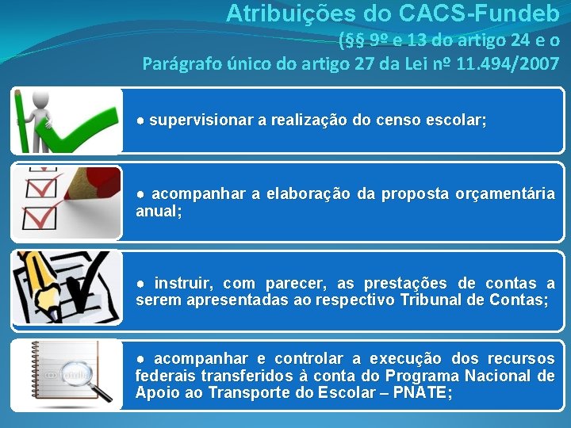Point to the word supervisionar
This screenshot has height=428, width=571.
(x=201, y=120)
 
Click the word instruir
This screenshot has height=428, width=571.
(x=185, y=284)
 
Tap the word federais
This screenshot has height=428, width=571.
(x=162, y=376)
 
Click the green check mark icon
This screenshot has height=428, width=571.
(x=80, y=127)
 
